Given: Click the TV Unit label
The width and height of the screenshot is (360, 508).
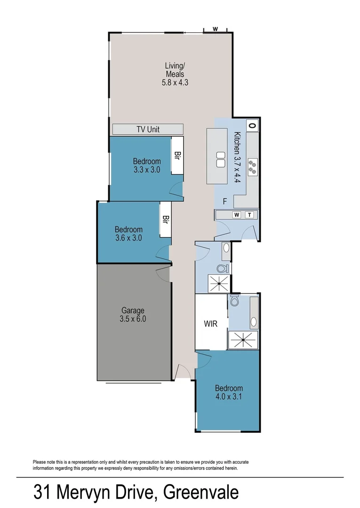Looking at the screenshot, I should point(148,129).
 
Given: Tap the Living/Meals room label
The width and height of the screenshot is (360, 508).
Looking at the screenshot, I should point(174,74).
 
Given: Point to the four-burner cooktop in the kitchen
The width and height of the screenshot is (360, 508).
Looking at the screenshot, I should point(253,167).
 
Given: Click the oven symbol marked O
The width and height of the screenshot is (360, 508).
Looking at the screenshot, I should point(252,126).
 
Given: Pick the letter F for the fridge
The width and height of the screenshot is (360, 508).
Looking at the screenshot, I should point(225,201).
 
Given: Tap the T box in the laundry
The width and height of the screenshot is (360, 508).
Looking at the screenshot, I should point(249,215).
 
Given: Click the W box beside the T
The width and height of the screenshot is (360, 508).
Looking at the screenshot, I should point(237,215).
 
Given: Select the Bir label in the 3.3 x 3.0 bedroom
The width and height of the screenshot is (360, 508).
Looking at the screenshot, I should point(177,155).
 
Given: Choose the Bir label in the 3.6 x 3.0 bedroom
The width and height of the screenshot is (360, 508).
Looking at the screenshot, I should point(165,220).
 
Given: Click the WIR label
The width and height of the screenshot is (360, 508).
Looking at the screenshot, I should point(211,324).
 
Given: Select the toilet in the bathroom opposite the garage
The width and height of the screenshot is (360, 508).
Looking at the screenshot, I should point(222,269).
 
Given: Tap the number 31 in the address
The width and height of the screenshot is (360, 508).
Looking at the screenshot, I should point(43,492).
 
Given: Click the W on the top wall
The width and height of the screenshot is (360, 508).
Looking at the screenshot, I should point(215,29).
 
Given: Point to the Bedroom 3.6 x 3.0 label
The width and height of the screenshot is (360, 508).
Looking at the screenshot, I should point(128,233).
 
